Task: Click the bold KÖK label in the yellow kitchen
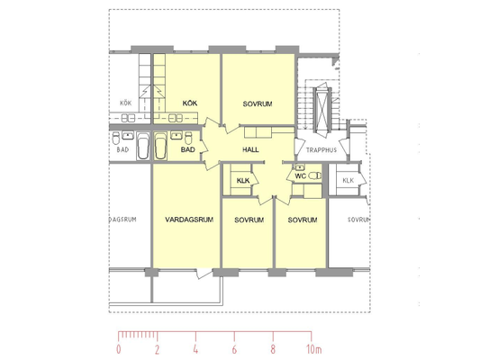pyautogui.click(x=190, y=103)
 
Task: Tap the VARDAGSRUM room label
pyautogui.click(x=189, y=220)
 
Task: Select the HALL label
pyautogui.click(x=250, y=149)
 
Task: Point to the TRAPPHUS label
pyautogui.click(x=322, y=150)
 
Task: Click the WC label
pyautogui.click(x=300, y=176)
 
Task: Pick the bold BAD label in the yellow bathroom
pyautogui.click(x=187, y=149)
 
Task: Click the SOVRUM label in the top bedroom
pyautogui.click(x=258, y=104)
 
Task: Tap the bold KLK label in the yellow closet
pyautogui.click(x=243, y=181)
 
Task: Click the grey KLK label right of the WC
pyautogui.click(x=348, y=181)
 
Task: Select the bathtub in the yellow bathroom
pyautogui.click(x=160, y=146)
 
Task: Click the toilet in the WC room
pyautogui.click(x=315, y=175)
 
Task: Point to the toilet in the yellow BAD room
pyautogui.click(x=188, y=139)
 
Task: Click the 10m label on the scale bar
pyautogui.click(x=314, y=349)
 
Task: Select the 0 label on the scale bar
pyautogui.click(x=119, y=349)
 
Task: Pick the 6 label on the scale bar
pyautogui.click(x=234, y=349)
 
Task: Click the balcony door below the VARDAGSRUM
pyautogui.click(x=204, y=273)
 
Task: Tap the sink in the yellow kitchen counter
pyautogui.click(x=176, y=118)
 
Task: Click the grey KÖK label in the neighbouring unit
pyautogui.click(x=125, y=103)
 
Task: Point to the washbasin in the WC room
pyautogui.click(x=299, y=167)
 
